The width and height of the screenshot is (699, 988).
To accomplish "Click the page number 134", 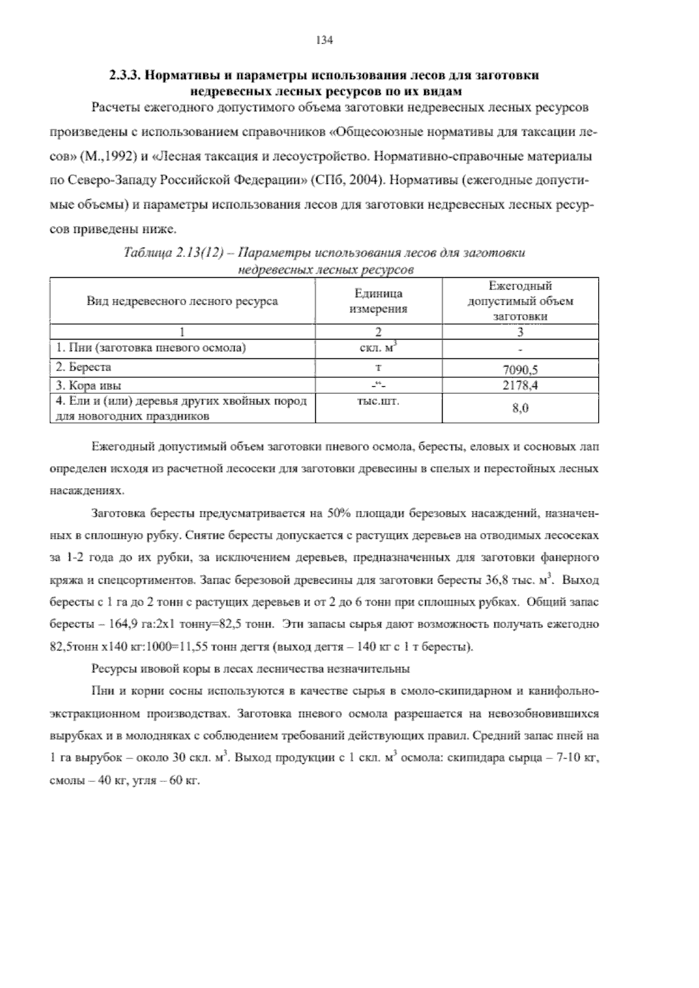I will click(324, 40).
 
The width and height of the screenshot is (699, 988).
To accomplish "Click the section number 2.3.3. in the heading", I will click(125, 76).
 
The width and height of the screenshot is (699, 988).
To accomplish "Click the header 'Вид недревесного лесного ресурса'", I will click(182, 301).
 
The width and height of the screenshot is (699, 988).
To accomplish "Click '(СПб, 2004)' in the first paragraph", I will click(347, 179).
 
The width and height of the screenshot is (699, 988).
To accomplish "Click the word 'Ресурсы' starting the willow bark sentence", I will click(111, 669).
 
